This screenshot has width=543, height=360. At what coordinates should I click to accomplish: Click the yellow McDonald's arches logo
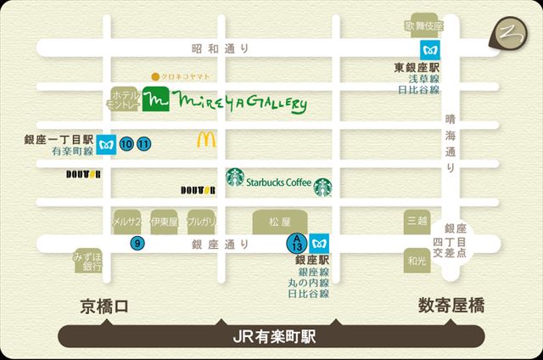pyautogui.click(x=206, y=139)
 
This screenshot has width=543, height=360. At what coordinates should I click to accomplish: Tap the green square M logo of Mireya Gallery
pyautogui.click(x=155, y=101)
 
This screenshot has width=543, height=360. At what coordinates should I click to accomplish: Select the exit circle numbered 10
pyautogui.click(x=126, y=143)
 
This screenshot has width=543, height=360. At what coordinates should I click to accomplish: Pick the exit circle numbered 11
pyautogui.click(x=144, y=143)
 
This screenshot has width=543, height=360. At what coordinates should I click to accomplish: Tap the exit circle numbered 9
pyautogui.click(x=137, y=244)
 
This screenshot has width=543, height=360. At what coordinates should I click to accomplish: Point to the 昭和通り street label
pyautogui.click(x=220, y=49)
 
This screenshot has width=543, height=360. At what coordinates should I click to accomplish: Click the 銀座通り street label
pyautogui.click(x=220, y=244)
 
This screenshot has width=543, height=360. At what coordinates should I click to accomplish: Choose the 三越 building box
pyautogui.click(x=416, y=220)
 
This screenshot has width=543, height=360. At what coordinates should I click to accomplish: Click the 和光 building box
pyautogui.click(x=416, y=261)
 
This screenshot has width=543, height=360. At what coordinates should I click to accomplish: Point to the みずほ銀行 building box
pyautogui.click(x=87, y=262)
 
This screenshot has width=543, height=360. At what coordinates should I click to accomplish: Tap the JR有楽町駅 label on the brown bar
pyautogui.click(x=273, y=336)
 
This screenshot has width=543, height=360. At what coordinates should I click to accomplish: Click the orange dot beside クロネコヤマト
pyautogui.click(x=154, y=75)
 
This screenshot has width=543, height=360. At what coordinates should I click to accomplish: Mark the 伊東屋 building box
pyautogui.click(x=163, y=222)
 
